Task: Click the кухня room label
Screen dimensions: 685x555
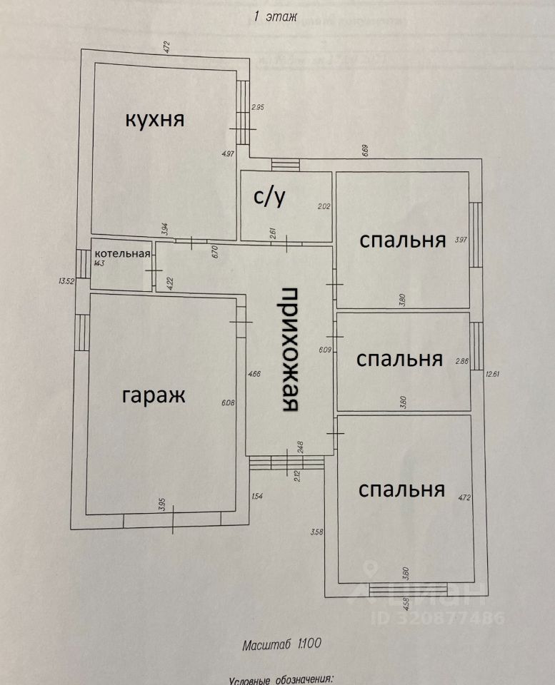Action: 155,119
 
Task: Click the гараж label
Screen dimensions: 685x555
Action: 154,395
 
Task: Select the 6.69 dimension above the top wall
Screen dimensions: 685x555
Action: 364,151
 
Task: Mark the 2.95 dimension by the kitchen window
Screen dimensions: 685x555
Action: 257,108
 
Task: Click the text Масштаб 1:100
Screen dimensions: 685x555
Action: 281,644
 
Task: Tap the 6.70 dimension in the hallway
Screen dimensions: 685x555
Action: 214,250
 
